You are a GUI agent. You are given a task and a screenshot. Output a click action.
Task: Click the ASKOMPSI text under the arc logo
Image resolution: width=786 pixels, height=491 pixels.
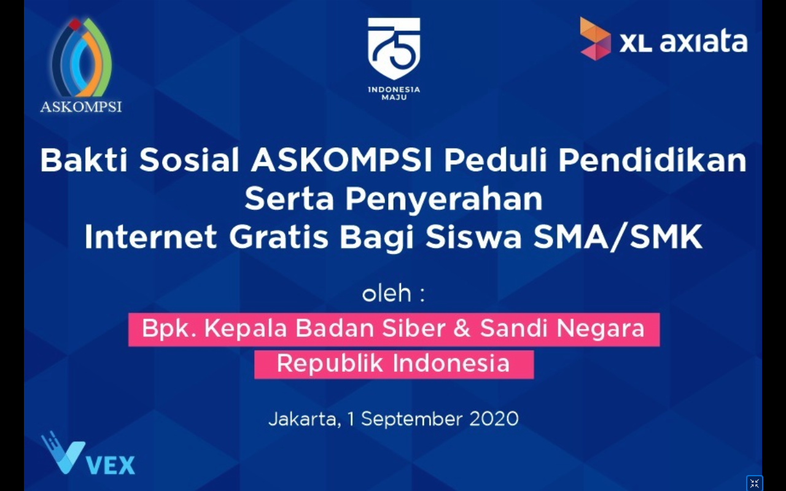pos(81,107)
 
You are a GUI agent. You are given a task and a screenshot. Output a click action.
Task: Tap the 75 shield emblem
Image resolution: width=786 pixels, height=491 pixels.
pos(394,48)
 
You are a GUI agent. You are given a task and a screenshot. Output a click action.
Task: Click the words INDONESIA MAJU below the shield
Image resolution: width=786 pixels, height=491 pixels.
pos(394,93)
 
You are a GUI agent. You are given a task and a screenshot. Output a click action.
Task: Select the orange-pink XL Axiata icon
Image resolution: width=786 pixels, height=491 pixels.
pos(595,39)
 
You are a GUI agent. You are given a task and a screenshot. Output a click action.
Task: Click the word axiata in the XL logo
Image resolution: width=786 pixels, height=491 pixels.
pos(704,42)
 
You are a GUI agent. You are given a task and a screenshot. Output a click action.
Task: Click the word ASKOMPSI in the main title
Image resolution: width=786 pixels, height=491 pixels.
pos(341,160)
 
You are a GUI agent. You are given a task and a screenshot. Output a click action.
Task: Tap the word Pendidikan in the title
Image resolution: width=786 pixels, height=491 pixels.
pos(652,160)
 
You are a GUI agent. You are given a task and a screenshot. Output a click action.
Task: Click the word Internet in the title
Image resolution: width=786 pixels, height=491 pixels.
pos(150,237)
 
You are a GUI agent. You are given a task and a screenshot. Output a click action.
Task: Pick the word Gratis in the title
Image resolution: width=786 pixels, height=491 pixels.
pos(279,237)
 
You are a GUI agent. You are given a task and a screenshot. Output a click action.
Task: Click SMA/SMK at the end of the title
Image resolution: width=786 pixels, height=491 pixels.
pos(618,237)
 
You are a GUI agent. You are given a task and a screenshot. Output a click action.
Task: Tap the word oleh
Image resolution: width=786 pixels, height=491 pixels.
pos(387,293)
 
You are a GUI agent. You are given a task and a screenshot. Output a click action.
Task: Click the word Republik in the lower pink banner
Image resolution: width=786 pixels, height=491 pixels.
pos(330,363)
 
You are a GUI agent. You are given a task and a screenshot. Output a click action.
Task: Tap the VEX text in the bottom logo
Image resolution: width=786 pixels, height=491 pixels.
pos(111,465)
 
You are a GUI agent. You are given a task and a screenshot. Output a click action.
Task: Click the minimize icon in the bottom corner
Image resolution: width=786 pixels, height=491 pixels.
pos(755,483)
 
